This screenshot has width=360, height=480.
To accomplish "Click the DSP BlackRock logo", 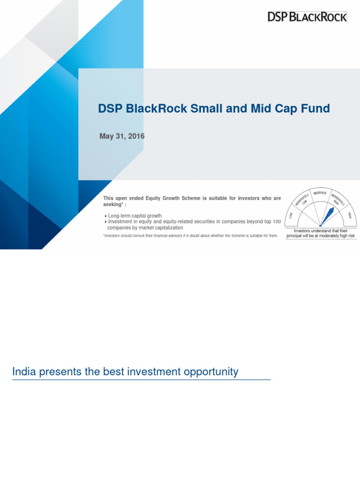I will [x=307, y=17].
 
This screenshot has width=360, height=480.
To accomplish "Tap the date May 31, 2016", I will [x=122, y=136].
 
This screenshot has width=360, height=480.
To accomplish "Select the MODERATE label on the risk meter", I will [x=320, y=194].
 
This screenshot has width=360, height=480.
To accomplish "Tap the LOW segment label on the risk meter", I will [x=291, y=215].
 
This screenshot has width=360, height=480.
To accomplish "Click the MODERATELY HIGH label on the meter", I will [x=338, y=200].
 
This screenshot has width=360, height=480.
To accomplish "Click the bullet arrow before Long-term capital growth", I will [x=105, y=216].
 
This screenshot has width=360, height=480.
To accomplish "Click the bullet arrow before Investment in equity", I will [x=105, y=222].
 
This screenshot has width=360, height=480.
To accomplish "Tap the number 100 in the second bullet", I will [x=277, y=222].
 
